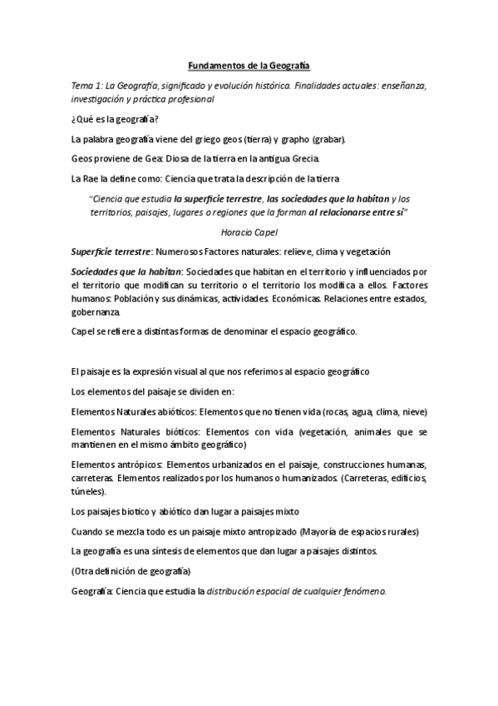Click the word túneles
(88, 492)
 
